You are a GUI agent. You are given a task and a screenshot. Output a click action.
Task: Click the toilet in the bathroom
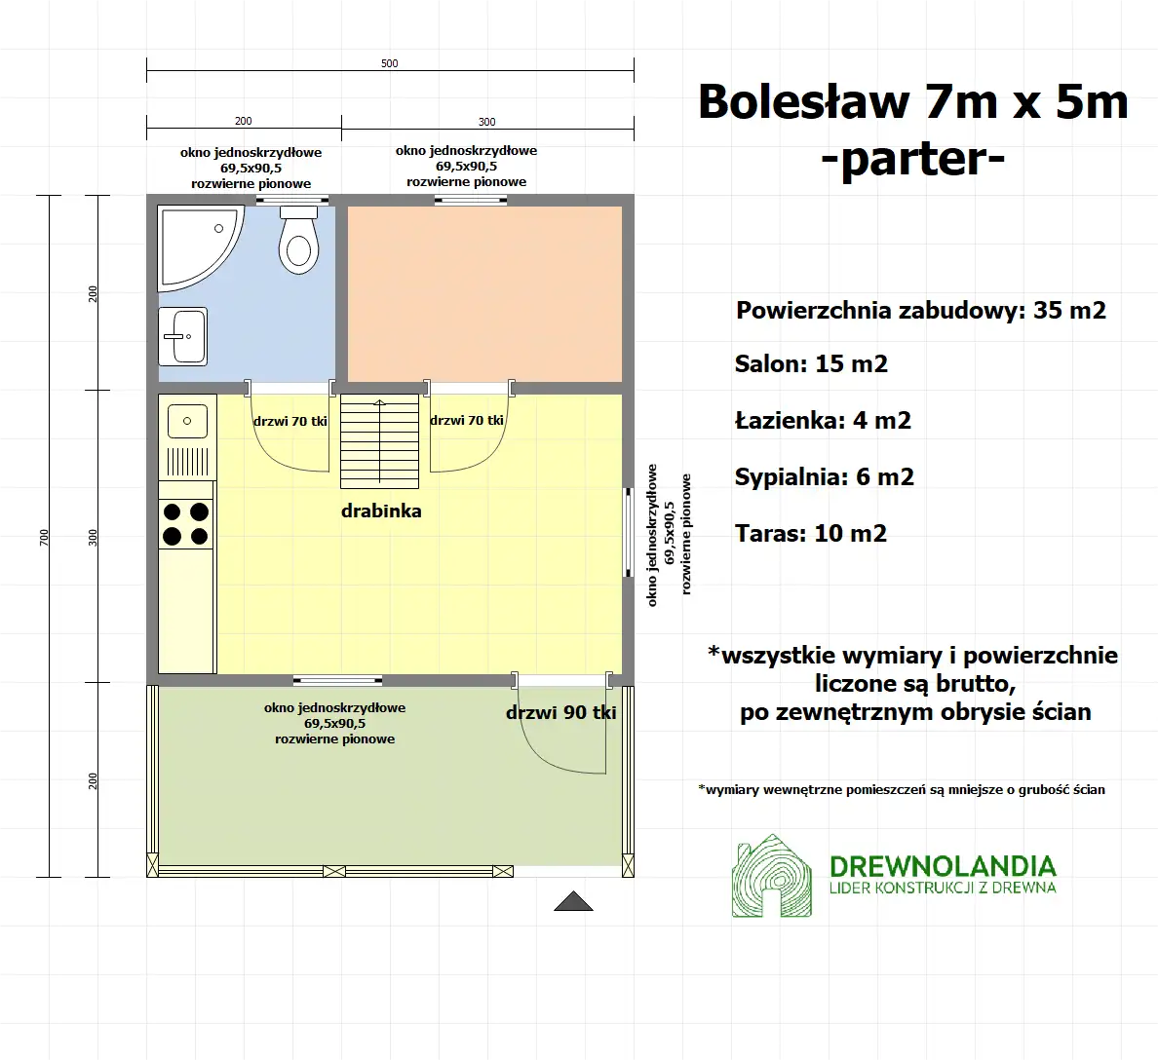pyautogui.click(x=298, y=243)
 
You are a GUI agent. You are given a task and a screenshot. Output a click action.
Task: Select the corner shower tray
pyautogui.click(x=194, y=244)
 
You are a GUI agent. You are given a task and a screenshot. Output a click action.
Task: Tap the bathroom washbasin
pyautogui.click(x=182, y=336)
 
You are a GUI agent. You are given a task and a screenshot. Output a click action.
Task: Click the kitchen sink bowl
pyautogui.click(x=187, y=422)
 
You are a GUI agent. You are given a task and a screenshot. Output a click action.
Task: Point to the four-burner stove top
pyautogui.click(x=186, y=523)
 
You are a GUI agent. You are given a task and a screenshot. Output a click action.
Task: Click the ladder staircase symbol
pyautogui.click(x=380, y=441)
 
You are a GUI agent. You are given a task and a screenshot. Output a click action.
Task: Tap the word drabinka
pyautogui.click(x=381, y=511)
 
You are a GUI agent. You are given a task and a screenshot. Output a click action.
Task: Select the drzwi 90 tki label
pyautogui.click(x=560, y=712)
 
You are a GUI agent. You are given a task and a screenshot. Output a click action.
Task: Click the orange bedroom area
pyautogui.click(x=484, y=293)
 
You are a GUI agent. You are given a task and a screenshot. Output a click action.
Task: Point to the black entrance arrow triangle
pyautogui.click(x=573, y=901)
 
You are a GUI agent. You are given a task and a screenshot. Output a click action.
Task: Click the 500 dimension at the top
pyautogui.click(x=390, y=63)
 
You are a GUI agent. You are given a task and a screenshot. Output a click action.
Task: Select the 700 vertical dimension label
pyautogui.click(x=44, y=537)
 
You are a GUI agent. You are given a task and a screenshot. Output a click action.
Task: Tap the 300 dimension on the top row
pyautogui.click(x=487, y=122)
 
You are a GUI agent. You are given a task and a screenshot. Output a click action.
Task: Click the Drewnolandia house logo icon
pyautogui.click(x=771, y=876)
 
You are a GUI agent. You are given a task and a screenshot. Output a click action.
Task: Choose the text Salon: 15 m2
pyautogui.click(x=811, y=364)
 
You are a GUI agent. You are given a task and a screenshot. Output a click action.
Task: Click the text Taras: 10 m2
pyautogui.click(x=811, y=534)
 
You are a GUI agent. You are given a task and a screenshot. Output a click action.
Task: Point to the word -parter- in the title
pyautogui.click(x=912, y=158)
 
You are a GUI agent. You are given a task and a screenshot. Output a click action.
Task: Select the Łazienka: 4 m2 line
pyautogui.click(x=823, y=421)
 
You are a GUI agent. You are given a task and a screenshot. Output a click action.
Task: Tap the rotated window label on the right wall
pyautogui.click(x=670, y=535)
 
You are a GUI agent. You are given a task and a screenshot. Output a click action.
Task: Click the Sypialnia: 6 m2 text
pyautogui.click(x=824, y=477)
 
